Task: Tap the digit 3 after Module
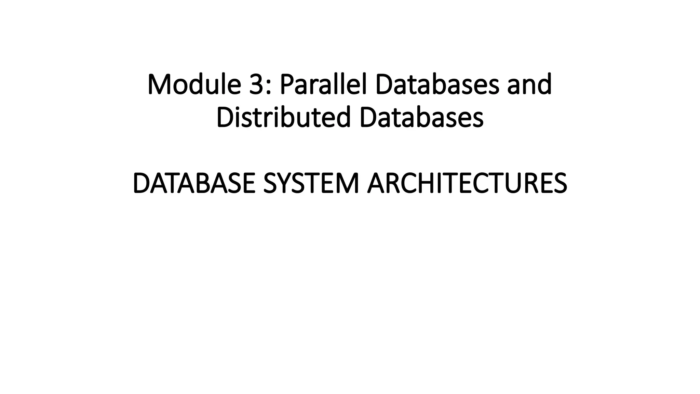256,84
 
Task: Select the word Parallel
323,84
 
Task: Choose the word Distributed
284,117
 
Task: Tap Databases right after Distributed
421,117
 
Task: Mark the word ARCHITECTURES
467,184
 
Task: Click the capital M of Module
160,84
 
